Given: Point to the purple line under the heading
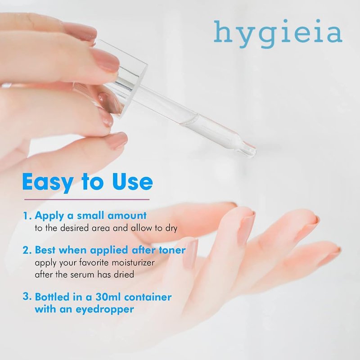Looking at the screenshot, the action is point(87,199).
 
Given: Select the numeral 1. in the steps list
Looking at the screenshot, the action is point(27,216).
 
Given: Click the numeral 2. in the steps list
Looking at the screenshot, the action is point(27,250).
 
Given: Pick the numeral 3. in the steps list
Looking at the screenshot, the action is point(27,297).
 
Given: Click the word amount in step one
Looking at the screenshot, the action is point(127,216).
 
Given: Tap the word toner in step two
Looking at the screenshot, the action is point(172,250).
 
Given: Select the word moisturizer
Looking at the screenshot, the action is point(133,262).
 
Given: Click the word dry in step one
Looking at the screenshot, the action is point(171,229).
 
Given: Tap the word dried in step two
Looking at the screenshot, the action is point(124,274).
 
